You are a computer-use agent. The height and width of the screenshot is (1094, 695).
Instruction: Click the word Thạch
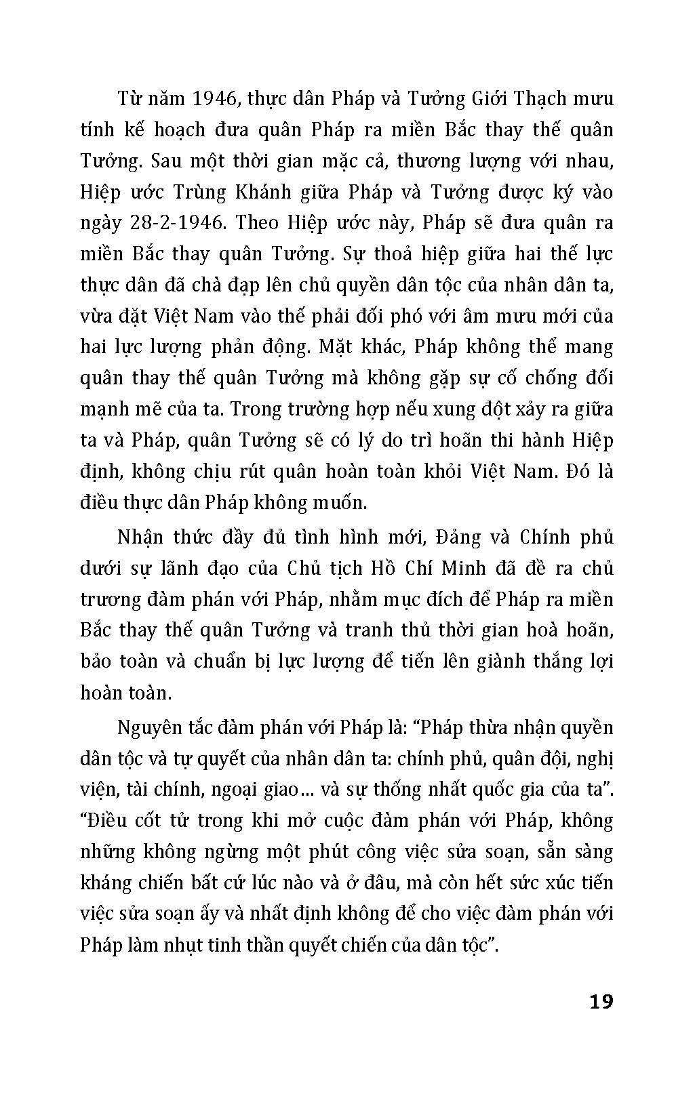tap(532, 99)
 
